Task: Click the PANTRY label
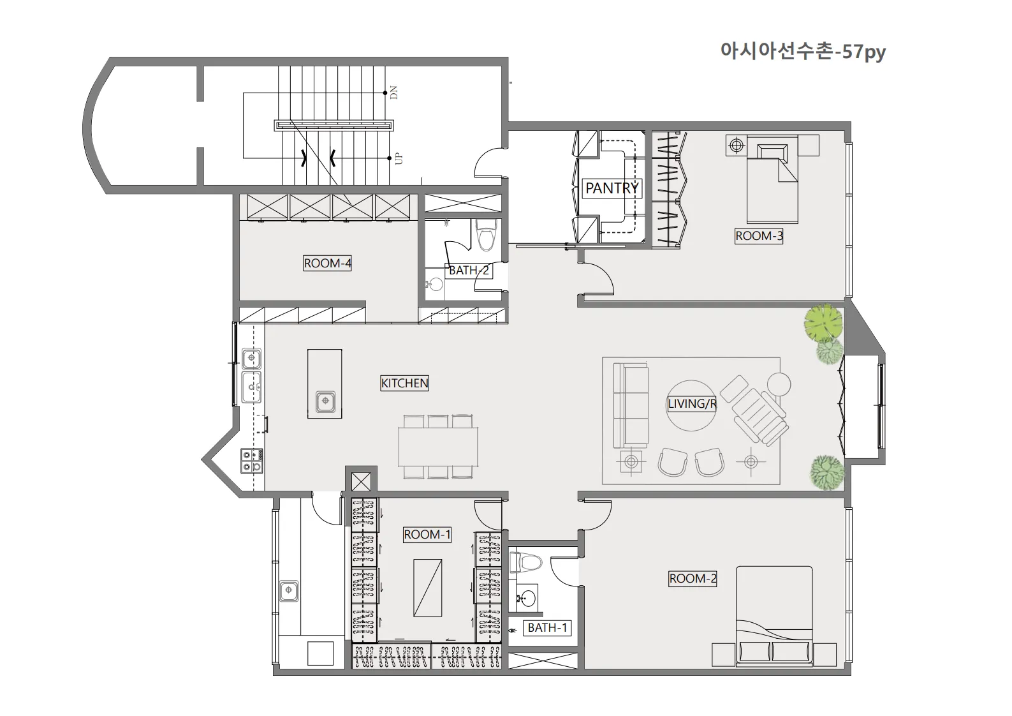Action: pos(612,188)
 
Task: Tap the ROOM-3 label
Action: pos(759,236)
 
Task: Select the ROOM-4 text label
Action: pos(328,263)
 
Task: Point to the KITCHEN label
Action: pos(404,384)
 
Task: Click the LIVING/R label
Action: pos(692,404)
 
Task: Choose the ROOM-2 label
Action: pos(693,579)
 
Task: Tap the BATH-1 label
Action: pos(547,627)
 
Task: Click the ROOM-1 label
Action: pos(427,535)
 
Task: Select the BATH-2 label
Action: pos(469,271)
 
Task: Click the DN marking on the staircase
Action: pos(393,92)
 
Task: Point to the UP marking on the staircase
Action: pos(398,159)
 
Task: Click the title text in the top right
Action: pos(803,52)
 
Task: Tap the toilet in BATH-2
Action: pos(486,235)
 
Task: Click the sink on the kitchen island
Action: pos(325,401)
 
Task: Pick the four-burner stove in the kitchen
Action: pos(252,461)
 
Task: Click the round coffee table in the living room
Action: pos(692,405)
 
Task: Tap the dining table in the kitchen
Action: pos(438,447)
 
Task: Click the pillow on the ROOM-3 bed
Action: pos(772,152)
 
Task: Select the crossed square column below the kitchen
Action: pos(361,482)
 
